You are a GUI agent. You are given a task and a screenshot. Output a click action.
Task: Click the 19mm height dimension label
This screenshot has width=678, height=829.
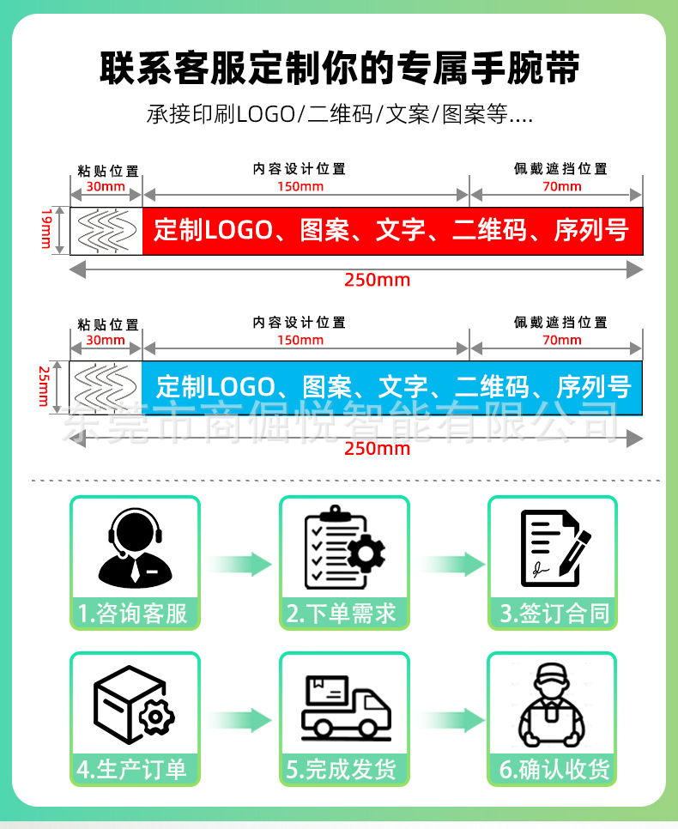coord(46,231)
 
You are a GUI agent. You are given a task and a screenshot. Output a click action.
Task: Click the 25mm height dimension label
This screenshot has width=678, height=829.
coord(45,386)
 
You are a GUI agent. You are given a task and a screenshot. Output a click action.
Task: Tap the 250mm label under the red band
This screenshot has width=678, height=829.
coord(377,280)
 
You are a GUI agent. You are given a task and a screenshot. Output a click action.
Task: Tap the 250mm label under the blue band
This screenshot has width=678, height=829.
coord(377,448)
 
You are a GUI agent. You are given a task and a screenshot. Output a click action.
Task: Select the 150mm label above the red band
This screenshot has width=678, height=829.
coord(300,186)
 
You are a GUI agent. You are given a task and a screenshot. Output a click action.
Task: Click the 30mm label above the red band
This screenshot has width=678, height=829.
coord(106,186)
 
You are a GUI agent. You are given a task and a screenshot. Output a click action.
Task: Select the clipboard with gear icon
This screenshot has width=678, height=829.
coord(343,547)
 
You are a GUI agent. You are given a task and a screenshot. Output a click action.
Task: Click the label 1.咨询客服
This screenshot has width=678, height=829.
coord(134,613)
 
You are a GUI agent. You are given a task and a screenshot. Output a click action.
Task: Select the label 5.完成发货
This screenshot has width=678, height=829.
coord(343,770)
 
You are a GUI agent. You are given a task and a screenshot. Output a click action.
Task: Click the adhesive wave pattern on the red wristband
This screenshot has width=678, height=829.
coord(107,231)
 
